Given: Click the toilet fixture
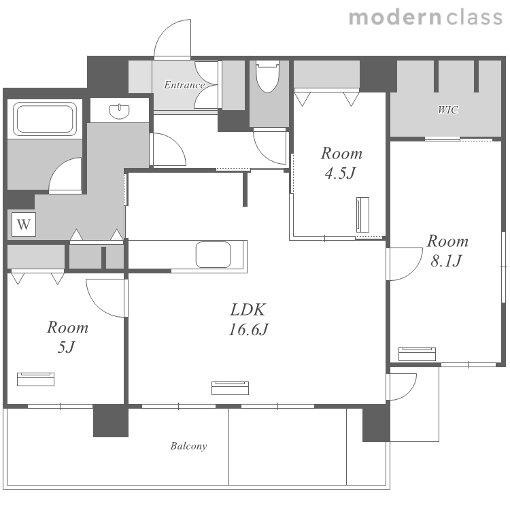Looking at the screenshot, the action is coord(268,76).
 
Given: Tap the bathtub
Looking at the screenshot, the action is coord(45,118).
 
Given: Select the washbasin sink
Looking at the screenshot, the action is coord(120,112).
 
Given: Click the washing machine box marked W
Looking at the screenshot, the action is coord(24,224).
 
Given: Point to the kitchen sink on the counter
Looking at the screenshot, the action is coord(213,255).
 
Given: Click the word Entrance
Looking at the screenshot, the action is coord(184,85).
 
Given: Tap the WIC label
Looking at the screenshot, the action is coord(448,110).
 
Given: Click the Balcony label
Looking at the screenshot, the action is coord(188,446).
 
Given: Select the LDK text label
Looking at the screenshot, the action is coord(248,309).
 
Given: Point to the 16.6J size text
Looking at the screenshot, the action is coord(248,330).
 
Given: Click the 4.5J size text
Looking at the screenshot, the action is coord(341,173).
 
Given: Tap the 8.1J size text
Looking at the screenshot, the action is coord(447,260).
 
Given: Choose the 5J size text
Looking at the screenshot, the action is coord(67,347).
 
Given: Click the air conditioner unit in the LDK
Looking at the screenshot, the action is coord(231,388).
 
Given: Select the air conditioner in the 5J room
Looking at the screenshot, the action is coord(36,379).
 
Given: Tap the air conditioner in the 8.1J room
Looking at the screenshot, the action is coord(417,354).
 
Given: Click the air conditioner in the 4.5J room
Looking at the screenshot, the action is coord(362,215).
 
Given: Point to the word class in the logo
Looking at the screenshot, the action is coord(475,17).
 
